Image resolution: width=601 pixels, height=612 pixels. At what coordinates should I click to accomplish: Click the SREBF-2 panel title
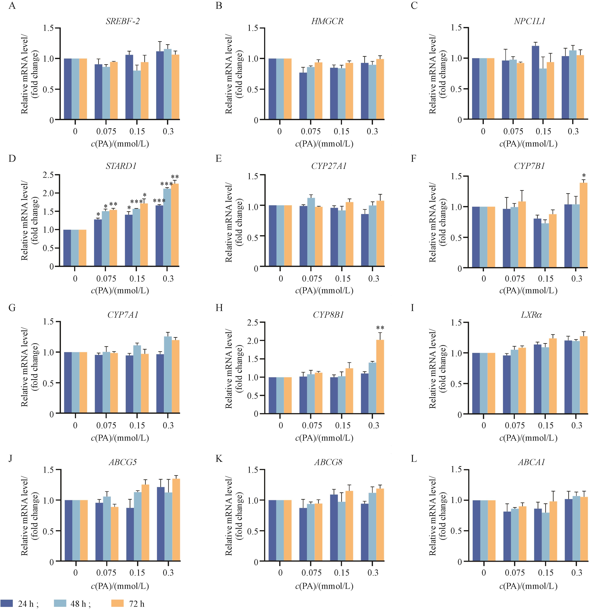click(x=122, y=21)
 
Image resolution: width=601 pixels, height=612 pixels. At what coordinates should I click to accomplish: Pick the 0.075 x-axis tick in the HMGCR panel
click(x=311, y=131)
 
